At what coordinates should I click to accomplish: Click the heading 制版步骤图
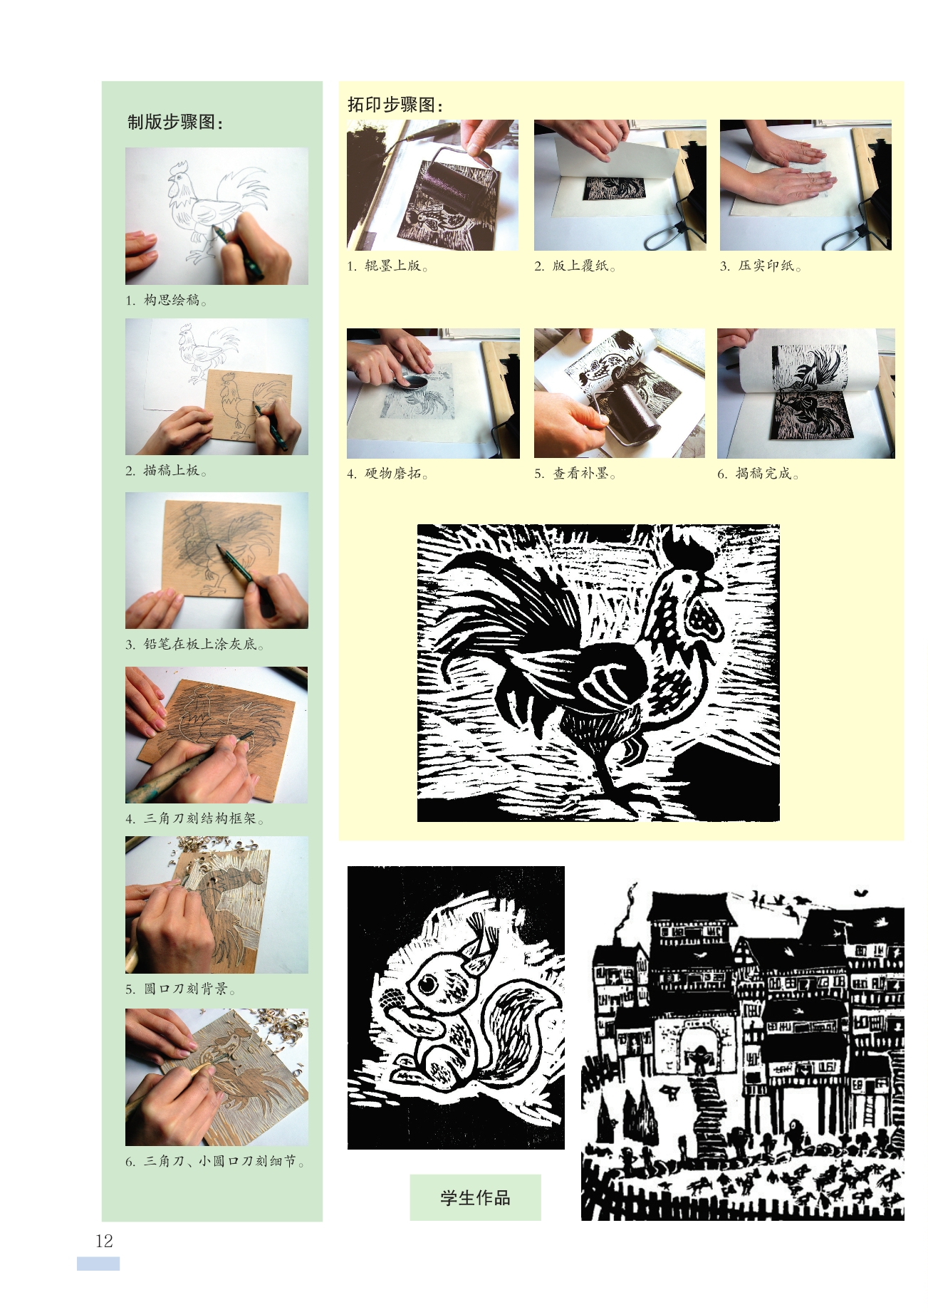click(175, 122)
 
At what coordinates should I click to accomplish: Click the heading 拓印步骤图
click(395, 105)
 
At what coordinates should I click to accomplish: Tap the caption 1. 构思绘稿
click(166, 300)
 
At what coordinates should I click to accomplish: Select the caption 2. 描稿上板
click(166, 470)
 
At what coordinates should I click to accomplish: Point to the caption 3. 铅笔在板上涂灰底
click(194, 644)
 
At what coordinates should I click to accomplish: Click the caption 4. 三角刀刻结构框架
click(194, 818)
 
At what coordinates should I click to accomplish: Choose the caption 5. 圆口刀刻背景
click(180, 989)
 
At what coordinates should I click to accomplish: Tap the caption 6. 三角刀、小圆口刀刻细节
click(215, 1161)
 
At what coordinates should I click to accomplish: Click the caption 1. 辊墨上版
click(387, 266)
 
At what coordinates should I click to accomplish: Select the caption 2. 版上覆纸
click(575, 266)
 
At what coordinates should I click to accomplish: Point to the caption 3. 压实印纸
click(761, 266)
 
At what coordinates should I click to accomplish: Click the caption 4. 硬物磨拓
click(387, 474)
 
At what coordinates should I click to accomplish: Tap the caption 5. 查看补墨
click(575, 474)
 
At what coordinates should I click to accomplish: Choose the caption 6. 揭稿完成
click(758, 474)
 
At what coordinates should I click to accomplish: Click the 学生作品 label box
click(475, 1197)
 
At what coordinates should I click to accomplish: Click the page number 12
click(104, 1241)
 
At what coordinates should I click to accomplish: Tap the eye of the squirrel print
click(429, 985)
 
